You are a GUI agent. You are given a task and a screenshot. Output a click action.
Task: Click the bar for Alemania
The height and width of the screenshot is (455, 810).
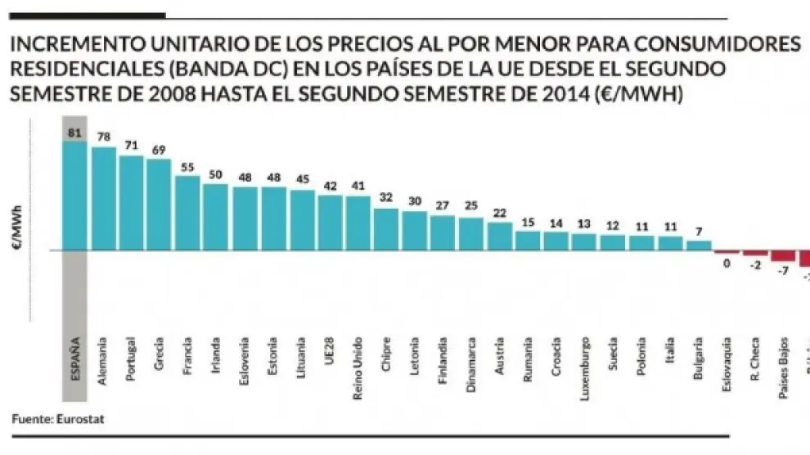(104, 199)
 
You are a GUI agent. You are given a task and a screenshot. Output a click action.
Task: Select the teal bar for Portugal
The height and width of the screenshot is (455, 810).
(131, 203)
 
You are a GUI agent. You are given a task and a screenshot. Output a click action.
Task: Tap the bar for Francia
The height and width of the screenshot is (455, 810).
(187, 213)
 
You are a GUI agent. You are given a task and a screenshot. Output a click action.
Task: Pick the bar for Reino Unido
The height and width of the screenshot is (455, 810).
(358, 223)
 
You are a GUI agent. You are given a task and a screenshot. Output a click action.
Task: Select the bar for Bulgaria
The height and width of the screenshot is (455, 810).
(699, 246)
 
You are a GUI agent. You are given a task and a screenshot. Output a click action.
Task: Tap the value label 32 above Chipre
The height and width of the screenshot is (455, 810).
(385, 197)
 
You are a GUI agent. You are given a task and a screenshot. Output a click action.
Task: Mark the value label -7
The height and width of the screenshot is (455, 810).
(782, 270)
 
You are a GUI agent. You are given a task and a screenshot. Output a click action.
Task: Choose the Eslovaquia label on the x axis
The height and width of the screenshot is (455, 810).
(727, 363)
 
